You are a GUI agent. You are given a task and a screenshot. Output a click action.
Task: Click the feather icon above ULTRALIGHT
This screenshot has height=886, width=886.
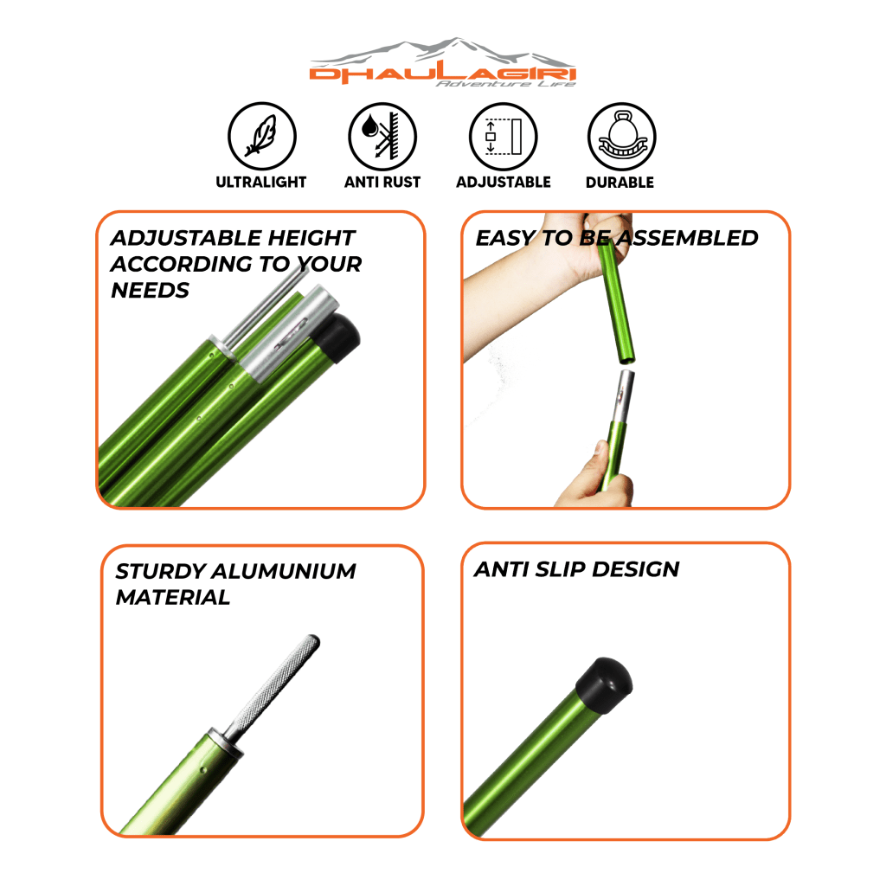[261, 136]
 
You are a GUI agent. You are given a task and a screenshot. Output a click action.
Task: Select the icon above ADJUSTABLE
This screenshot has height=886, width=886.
[503, 136]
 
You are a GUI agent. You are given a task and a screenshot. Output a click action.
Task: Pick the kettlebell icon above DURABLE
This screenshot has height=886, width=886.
[621, 136]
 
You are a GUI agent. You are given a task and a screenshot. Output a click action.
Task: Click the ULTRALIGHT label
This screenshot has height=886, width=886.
[261, 182]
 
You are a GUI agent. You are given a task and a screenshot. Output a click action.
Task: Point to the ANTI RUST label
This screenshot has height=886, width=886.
[382, 182]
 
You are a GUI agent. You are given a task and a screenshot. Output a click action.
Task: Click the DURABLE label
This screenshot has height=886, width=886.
[620, 182]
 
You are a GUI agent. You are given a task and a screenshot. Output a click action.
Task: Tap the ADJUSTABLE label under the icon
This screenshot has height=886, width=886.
[504, 182]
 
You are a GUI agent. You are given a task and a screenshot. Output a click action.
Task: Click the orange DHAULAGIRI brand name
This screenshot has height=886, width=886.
[442, 74]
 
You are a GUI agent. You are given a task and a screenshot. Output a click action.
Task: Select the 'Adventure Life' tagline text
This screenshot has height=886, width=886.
[505, 84]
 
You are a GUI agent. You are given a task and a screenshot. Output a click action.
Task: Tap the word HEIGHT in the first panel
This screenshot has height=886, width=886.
[311, 238]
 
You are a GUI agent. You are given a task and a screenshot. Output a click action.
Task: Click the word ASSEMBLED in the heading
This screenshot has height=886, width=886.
[687, 238]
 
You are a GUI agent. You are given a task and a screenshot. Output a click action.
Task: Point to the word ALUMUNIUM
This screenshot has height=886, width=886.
[284, 571]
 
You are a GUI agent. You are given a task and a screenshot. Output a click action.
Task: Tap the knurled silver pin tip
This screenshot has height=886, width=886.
[275, 685]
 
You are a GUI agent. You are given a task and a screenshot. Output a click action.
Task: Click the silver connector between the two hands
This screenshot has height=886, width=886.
[620, 396]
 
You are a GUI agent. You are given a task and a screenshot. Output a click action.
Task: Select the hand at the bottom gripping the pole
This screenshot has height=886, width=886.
[595, 478]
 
